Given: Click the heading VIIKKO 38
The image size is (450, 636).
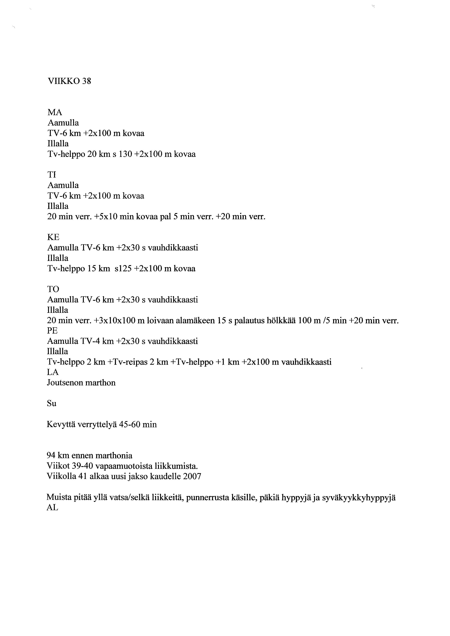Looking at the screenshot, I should click(69, 81).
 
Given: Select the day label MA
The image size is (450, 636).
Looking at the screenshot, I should click(55, 112).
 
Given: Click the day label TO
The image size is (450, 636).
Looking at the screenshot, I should click(53, 289).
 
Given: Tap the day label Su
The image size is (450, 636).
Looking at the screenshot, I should click(52, 404).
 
